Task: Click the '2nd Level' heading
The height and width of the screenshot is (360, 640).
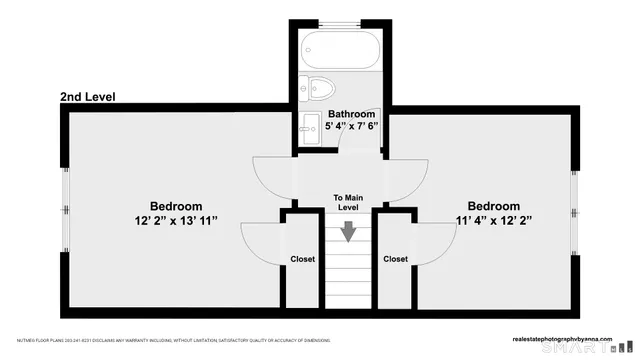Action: coord(88,97)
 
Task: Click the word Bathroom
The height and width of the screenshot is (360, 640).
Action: coord(351,115)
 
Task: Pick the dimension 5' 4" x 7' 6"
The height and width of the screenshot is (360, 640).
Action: coord(351,127)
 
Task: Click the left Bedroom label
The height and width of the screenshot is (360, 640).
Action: coord(176,206)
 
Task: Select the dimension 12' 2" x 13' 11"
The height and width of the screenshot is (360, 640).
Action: coord(176,220)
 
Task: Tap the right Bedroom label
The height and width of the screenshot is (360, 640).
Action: coord(493,206)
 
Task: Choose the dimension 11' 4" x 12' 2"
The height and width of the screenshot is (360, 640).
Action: coord(493,220)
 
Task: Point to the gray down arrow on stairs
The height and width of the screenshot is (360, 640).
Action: coord(348,231)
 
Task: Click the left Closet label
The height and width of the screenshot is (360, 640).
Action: coord(302,259)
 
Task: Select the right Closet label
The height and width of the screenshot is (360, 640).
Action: coord(395,259)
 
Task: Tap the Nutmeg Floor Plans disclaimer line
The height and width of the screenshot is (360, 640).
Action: coord(170,340)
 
